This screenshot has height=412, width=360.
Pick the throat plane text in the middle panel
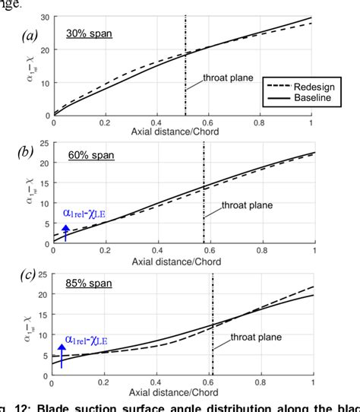click(x=244, y=204)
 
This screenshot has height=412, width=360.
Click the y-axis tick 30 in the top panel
click(x=45, y=17)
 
